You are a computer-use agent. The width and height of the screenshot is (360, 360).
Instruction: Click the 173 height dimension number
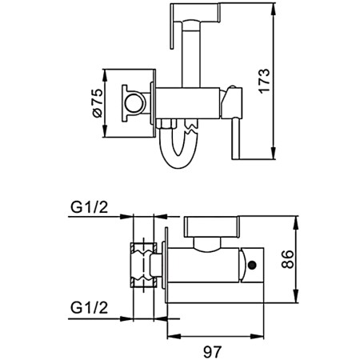[x=290, y=78]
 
